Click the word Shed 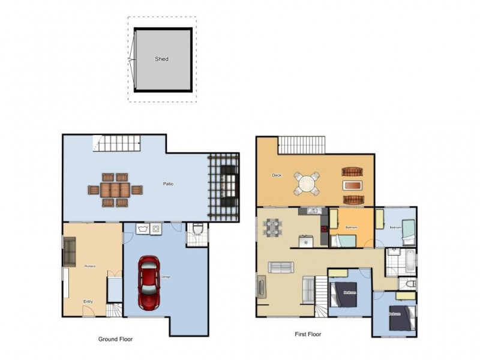161,59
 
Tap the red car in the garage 149,283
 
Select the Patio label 168,183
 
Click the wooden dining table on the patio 115,190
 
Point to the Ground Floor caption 115,339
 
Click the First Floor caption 308,334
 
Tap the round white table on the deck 307,183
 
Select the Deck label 277,175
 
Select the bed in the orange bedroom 344,241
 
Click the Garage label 165,277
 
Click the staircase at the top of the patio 117,143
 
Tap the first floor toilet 410,284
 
